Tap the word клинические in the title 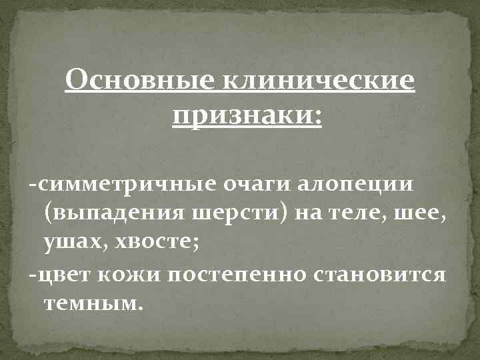(316, 85)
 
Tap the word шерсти (219, 213)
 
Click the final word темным (93, 305)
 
